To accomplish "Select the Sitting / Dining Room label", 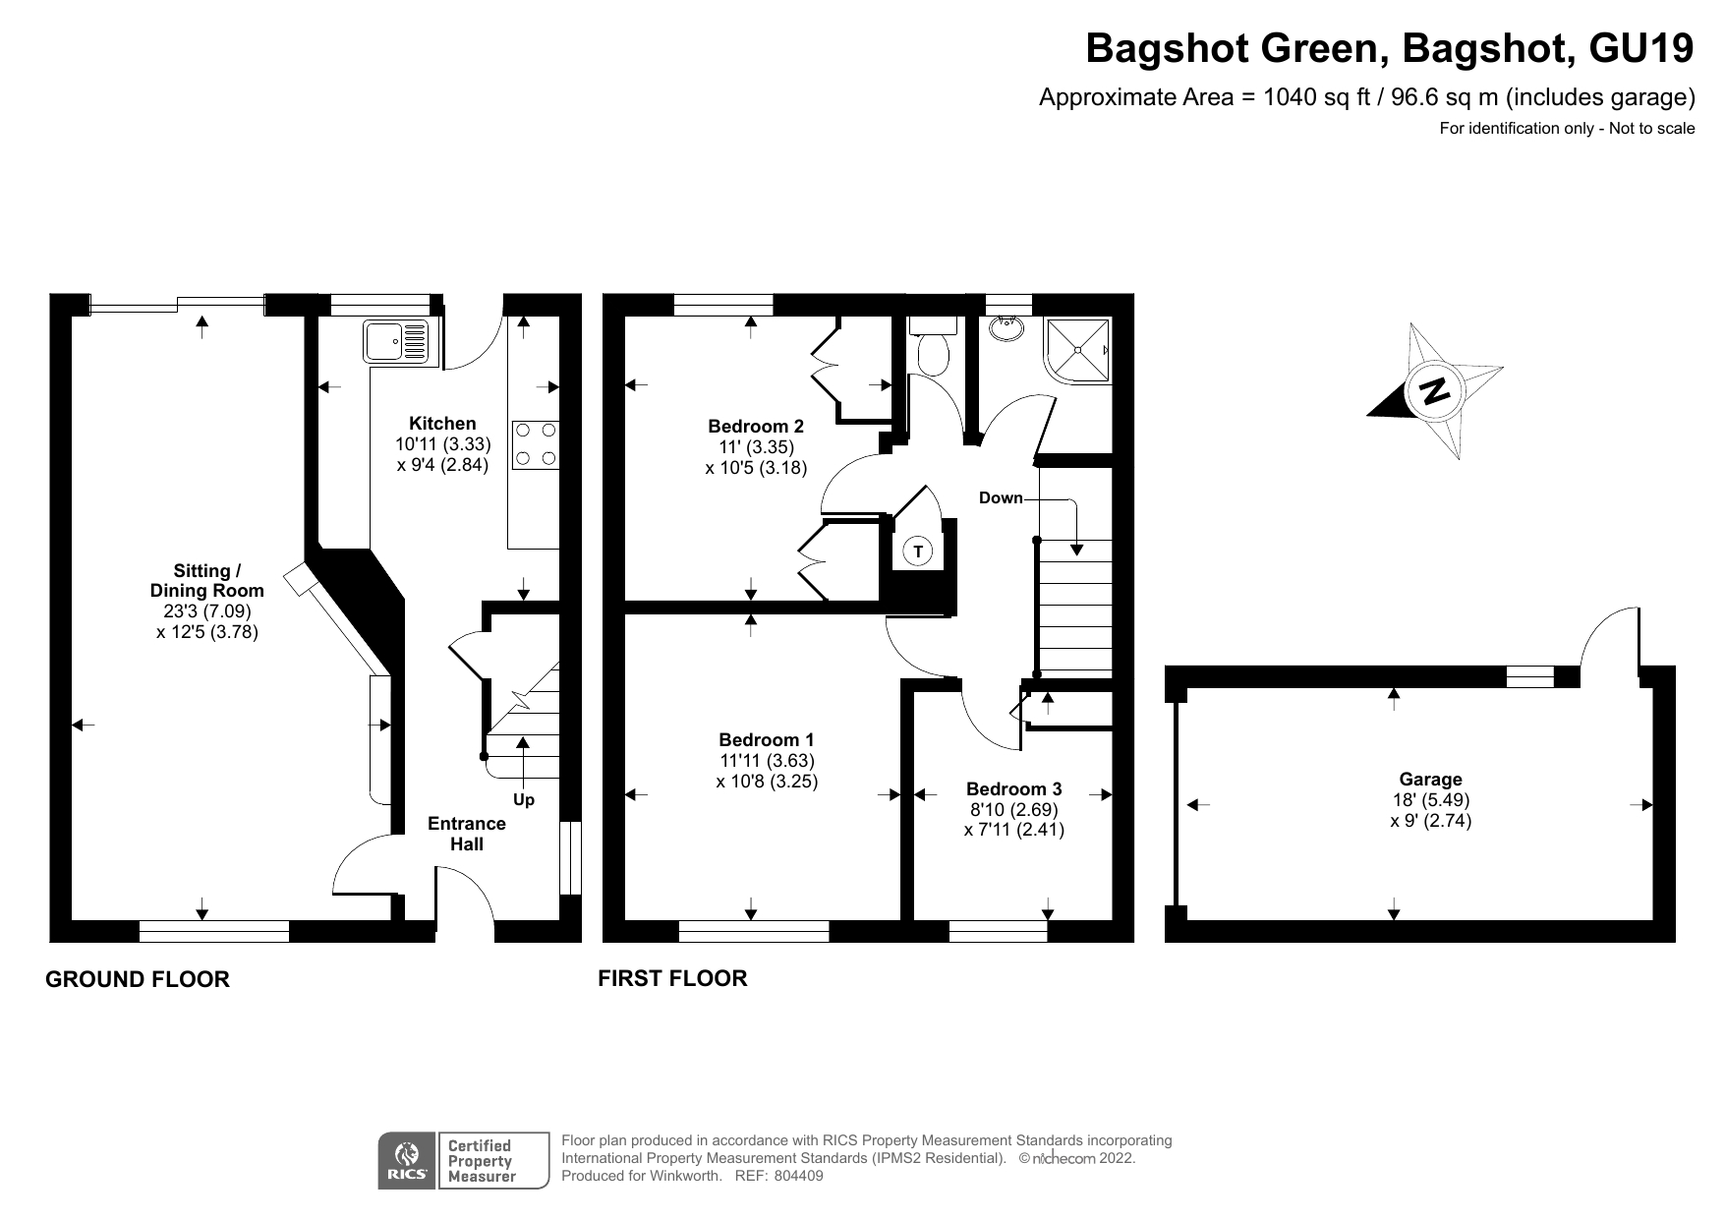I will [x=206, y=581].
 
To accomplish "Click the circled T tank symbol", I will [x=918, y=552].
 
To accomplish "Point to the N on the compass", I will [x=1435, y=391].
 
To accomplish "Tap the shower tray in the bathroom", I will [x=1078, y=351].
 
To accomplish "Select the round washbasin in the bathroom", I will [x=1005, y=327].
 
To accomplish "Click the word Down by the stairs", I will [x=1001, y=498].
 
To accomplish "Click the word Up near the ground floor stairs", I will [x=524, y=800].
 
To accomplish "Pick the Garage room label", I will [x=1431, y=780].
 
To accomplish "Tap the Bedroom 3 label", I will [x=1013, y=789].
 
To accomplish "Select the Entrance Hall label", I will [x=467, y=834].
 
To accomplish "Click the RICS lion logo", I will [x=406, y=1161].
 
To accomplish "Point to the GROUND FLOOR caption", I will [x=138, y=979].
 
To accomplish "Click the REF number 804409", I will [x=797, y=1176].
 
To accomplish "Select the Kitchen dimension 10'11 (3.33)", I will [x=442, y=444].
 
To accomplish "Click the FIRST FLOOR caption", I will [x=672, y=978].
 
